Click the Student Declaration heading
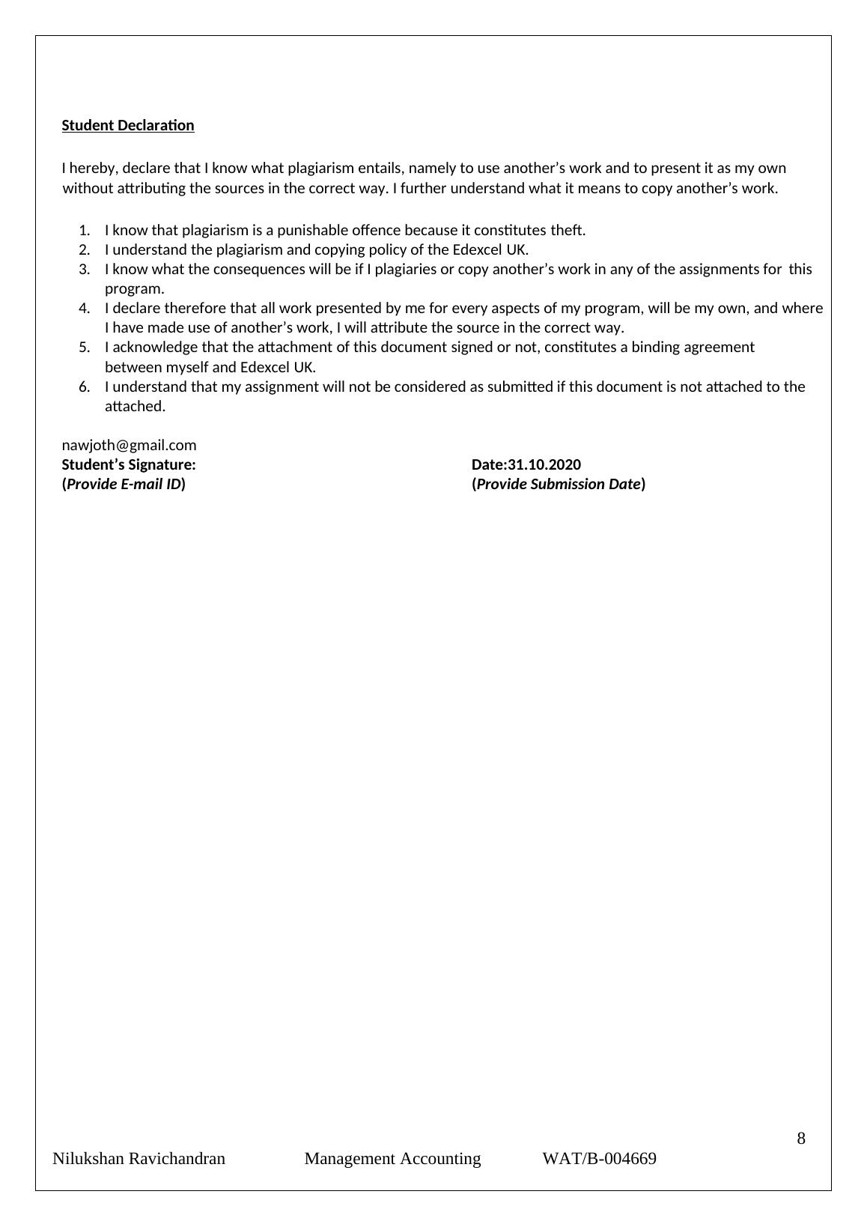pos(127,125)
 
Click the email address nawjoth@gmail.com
pos(129,445)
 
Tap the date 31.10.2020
pos(544,464)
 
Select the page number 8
pos(801,1139)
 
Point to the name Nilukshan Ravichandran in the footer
pos(139,1159)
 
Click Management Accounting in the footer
pos(392,1159)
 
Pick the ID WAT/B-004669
pos(599,1159)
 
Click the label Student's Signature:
pos(129,464)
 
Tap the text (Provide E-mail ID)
pos(124,484)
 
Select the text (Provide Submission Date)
pos(559,484)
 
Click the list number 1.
pos(84,230)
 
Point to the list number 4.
pos(84,308)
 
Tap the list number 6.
pos(84,387)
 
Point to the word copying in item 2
pos(313,249)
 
